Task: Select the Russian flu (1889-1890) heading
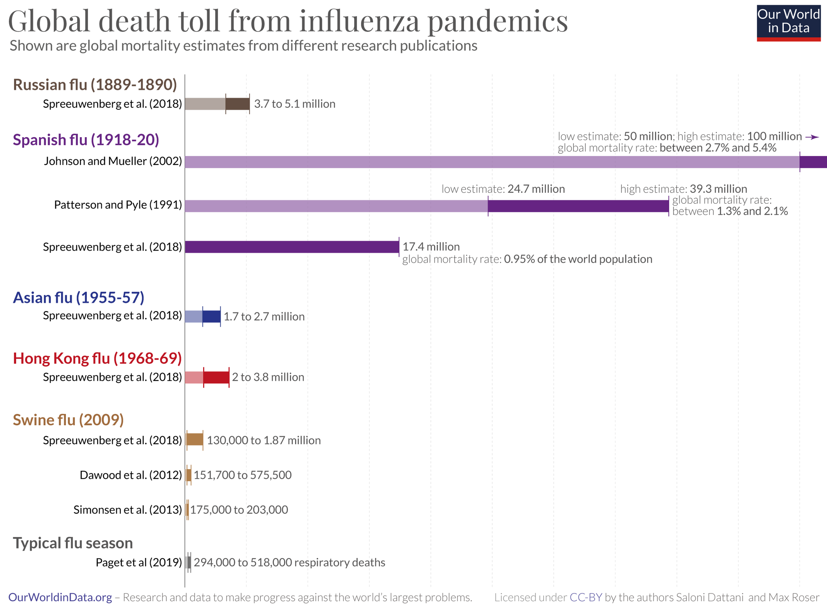(x=95, y=85)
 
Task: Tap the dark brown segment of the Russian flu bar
(x=237, y=104)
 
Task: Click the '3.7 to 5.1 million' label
(x=294, y=104)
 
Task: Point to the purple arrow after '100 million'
(x=812, y=137)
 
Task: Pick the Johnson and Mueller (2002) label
(x=113, y=161)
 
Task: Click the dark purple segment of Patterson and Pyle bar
(x=578, y=206)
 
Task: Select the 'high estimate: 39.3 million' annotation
(x=683, y=189)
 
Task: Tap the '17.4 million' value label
(x=431, y=247)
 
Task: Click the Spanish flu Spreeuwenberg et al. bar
(x=292, y=247)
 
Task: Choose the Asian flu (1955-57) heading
(x=78, y=297)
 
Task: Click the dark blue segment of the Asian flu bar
(x=212, y=316)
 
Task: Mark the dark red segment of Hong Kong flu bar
(x=216, y=377)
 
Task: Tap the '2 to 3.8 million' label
(x=268, y=377)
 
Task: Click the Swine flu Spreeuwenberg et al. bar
(x=195, y=439)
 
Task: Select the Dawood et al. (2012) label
(x=130, y=475)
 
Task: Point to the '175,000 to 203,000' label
(x=239, y=510)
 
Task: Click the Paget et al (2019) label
(x=139, y=562)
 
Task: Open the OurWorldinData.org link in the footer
(x=60, y=598)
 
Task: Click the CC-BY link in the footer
(x=586, y=598)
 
